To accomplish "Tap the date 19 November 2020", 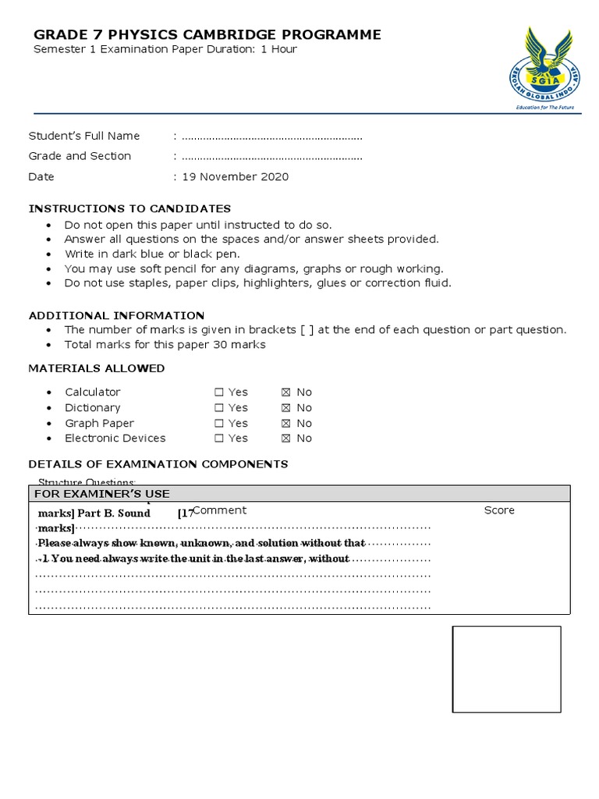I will (236, 176).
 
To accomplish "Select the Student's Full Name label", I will (84, 136).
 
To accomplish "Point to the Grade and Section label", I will (80, 156).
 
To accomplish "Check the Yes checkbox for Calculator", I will (219, 392).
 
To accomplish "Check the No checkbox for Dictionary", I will (285, 408).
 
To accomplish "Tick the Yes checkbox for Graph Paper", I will (219, 424).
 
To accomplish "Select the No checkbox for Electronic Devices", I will (285, 439).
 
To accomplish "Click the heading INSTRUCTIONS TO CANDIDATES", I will (129, 208).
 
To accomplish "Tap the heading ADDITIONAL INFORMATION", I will (116, 315).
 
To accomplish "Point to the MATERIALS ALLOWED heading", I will (97, 368).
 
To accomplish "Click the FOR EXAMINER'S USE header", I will (101, 494).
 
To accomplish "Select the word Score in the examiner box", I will (499, 510).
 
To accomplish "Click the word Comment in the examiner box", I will (220, 510).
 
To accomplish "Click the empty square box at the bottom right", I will (506, 669).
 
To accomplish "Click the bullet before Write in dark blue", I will (49, 254).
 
